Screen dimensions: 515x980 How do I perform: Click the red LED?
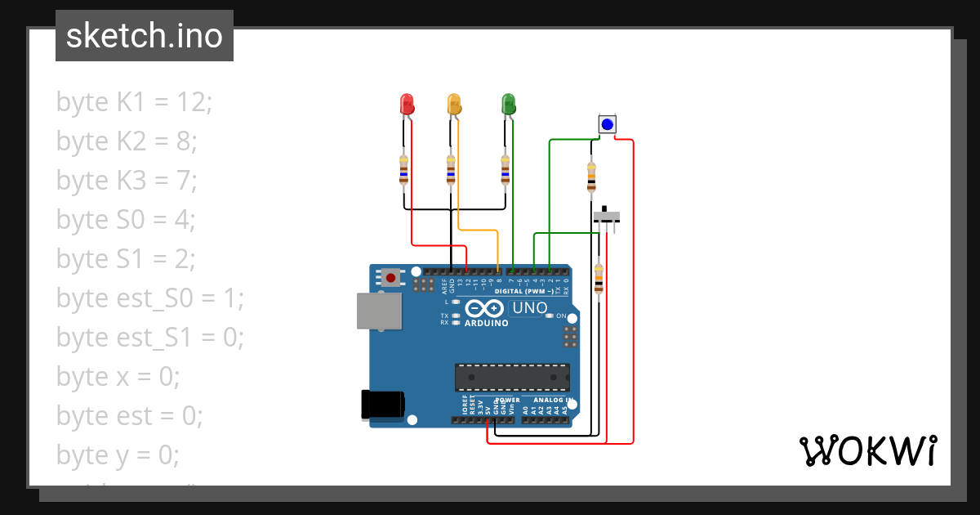(407, 104)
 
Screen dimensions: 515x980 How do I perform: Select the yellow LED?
(454, 104)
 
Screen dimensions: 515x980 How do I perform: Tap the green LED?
(508, 104)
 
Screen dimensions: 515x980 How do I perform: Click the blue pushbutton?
(608, 124)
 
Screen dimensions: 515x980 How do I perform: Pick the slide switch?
(606, 217)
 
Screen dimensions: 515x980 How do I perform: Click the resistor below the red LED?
(403, 170)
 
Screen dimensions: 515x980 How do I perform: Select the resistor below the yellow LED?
(451, 170)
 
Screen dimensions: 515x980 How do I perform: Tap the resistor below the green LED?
(506, 170)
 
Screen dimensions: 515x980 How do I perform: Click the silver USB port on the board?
(379, 312)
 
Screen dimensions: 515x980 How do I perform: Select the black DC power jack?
(381, 405)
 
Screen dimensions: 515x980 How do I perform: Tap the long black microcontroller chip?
(512, 377)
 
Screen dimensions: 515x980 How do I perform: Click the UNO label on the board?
(530, 308)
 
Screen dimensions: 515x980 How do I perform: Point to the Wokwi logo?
(867, 450)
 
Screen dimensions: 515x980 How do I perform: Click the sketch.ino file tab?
(145, 36)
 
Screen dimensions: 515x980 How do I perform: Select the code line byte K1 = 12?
(134, 102)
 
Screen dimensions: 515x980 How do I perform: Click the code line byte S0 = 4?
(126, 220)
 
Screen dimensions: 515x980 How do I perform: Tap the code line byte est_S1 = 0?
(150, 338)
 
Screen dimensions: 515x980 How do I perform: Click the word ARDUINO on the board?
(486, 323)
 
